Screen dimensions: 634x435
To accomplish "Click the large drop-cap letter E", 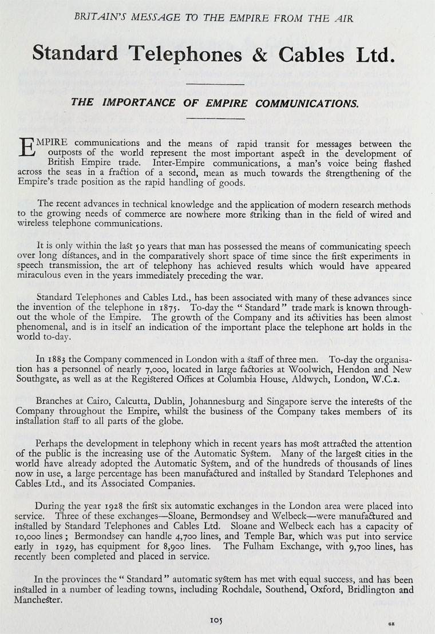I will pos(29,148).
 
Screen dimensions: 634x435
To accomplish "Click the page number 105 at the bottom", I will pos(217,620).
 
